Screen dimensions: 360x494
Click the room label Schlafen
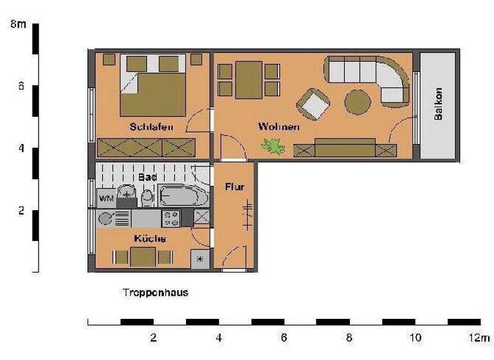151,127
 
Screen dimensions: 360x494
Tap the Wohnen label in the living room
279,127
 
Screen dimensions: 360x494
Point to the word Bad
148,176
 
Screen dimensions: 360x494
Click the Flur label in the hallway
234,187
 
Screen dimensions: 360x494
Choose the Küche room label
150,239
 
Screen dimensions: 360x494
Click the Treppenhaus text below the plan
155,292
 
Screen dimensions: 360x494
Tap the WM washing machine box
105,198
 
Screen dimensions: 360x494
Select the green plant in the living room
273,147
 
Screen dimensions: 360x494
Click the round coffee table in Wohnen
357,101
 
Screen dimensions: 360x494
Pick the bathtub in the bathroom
183,195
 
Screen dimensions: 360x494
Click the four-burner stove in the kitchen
171,218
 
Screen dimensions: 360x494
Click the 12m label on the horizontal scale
479,337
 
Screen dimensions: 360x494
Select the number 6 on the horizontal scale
284,337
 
